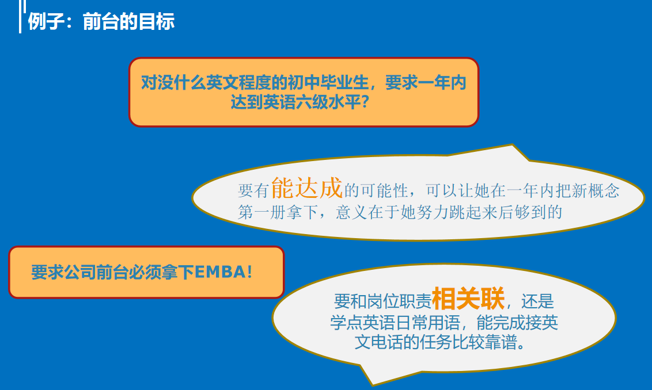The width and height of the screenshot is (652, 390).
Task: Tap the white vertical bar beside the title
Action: tap(20, 17)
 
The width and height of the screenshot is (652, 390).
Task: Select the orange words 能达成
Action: tap(307, 188)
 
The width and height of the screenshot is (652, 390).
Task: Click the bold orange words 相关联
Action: tap(468, 298)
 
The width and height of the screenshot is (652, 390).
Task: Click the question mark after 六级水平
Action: tap(365, 102)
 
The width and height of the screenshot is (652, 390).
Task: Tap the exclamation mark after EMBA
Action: tap(249, 272)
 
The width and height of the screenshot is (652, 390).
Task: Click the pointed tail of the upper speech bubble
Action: tap(512, 145)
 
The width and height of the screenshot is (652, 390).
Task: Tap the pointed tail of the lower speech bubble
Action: tap(372, 385)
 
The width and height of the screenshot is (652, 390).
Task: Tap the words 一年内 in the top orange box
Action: tap(442, 83)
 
